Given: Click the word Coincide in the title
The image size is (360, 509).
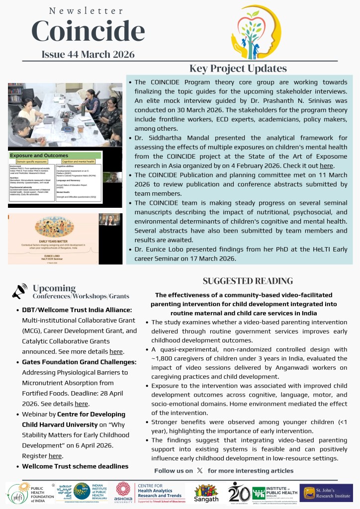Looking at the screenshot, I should click(88, 32).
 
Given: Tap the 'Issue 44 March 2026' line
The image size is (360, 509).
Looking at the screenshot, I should click(88, 55).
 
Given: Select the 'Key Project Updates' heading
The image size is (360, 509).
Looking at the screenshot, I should click(238, 69).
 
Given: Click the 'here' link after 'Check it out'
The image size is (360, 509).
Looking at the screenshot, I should click(326, 166).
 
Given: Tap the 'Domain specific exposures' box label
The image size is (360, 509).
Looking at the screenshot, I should click(34, 162).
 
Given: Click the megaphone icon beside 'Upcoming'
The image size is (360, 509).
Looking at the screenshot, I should click(20, 291).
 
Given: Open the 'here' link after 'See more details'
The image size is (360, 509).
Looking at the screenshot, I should click(116, 352).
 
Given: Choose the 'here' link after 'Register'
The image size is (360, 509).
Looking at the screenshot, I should click(55, 455).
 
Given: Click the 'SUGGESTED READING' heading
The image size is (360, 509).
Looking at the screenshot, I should click(248, 281).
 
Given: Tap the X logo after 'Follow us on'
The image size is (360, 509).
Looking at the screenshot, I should click(200, 470).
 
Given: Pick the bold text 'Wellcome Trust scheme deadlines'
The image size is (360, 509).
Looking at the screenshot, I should click(75, 466).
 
